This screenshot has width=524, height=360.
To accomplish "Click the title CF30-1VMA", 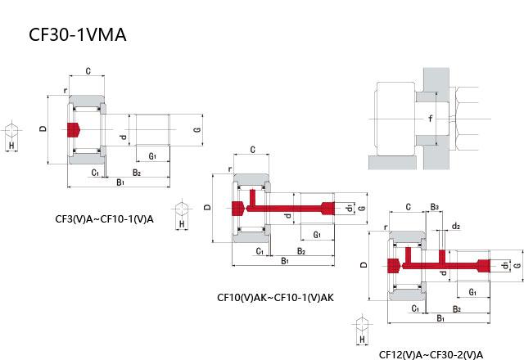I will click(x=77, y=35).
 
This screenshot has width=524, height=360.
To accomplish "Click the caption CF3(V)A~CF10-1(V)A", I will click(x=103, y=218).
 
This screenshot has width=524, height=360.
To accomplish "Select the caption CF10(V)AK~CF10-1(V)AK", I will click(x=275, y=297).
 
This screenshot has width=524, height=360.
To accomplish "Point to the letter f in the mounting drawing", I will click(x=430, y=119).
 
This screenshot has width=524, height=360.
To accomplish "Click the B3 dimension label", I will click(x=435, y=207).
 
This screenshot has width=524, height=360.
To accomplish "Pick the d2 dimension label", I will click(x=456, y=227).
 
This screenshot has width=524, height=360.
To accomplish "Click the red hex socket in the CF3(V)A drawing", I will click(x=74, y=129).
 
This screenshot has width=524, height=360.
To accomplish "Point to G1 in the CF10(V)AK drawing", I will click(x=316, y=235).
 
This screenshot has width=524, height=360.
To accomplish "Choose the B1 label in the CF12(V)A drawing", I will click(x=440, y=317).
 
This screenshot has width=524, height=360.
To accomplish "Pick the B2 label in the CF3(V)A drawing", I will click(x=137, y=173).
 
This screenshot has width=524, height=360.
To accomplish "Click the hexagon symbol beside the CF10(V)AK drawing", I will click(x=182, y=206).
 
